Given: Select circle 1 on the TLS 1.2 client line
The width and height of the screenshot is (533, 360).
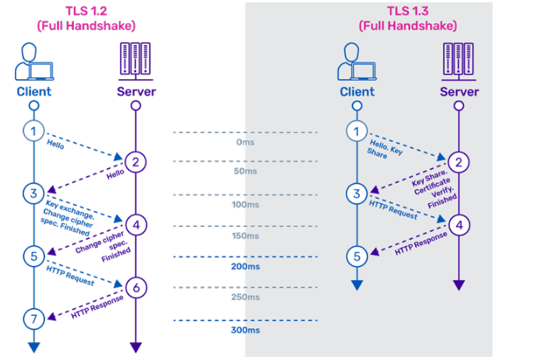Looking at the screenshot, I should coord(33,131).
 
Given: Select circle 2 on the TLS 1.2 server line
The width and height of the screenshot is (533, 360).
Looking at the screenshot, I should coord(135,162).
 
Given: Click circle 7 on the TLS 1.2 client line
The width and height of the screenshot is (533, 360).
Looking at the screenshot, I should coord(33,318).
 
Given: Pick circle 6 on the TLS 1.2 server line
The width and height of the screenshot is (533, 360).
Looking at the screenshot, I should coord(135,288).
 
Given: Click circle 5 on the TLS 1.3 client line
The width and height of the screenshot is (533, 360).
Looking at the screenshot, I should coord(356,255).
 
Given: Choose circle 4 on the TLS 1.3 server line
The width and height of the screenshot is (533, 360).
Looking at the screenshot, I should coord(458,225).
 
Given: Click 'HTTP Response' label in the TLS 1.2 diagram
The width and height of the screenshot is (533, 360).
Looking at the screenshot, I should coord(95,302).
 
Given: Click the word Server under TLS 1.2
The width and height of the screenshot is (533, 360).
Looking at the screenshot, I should coord(135,92).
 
